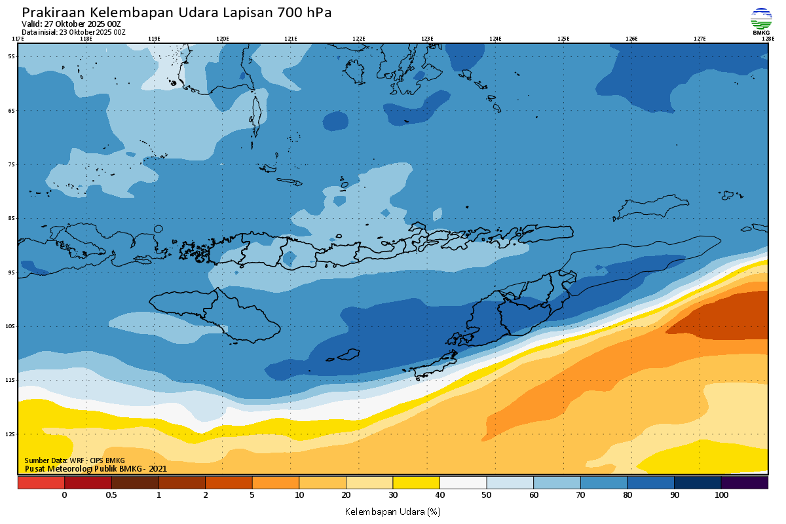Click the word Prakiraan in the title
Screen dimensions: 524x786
54,12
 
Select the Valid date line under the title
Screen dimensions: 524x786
71,24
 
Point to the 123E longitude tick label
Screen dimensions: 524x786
427,39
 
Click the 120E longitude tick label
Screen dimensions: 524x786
223,39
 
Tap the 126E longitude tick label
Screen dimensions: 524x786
631,39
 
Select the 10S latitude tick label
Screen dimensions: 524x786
12,326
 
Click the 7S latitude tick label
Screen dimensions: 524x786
12,164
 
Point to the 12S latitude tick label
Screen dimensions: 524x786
12,434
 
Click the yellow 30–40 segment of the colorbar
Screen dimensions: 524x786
416,483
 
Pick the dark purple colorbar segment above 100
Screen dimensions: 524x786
744,483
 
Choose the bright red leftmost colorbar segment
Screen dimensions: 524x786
41,483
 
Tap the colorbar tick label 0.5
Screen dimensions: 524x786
111,495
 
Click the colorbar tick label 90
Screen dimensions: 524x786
674,495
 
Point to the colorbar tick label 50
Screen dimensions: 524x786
487,495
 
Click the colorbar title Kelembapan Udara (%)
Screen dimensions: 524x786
392,511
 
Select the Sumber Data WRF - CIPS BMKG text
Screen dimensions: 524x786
74,460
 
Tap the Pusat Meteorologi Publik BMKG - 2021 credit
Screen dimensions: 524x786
96,468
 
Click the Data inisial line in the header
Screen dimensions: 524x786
73,31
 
